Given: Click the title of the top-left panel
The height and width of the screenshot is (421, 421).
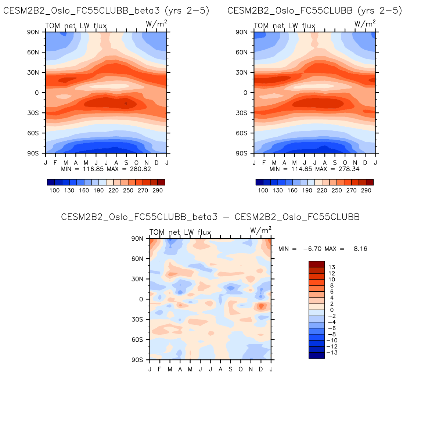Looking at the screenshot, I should (x=106, y=11).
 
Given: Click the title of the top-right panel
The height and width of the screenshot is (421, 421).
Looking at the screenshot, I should (x=315, y=11).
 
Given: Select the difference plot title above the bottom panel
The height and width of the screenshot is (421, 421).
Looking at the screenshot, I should (x=210, y=217).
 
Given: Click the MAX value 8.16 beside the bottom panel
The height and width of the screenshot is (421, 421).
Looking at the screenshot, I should (x=360, y=249).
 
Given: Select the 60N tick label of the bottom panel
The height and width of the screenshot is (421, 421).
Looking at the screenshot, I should (x=137, y=259).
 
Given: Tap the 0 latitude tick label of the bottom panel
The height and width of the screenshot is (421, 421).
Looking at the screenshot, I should (x=141, y=299).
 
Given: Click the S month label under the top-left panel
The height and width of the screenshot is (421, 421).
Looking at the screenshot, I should (x=126, y=163).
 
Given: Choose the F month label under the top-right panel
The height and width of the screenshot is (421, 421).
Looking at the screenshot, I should (x=264, y=163).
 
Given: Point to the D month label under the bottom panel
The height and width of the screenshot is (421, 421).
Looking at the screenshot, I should (x=261, y=369).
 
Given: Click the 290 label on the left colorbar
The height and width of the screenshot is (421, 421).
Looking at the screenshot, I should (x=158, y=190).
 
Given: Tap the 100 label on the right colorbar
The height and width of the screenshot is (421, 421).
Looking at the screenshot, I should (x=263, y=190).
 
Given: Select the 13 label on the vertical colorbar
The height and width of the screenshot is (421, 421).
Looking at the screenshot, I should (x=332, y=267).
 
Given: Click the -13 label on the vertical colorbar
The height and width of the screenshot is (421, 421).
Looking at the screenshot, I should (x=332, y=353).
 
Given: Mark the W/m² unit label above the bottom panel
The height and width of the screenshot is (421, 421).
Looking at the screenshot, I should (x=261, y=230).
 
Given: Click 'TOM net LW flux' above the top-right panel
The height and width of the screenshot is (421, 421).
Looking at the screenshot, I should (x=284, y=26).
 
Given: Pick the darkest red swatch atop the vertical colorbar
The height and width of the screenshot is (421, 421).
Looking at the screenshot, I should (x=317, y=264).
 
